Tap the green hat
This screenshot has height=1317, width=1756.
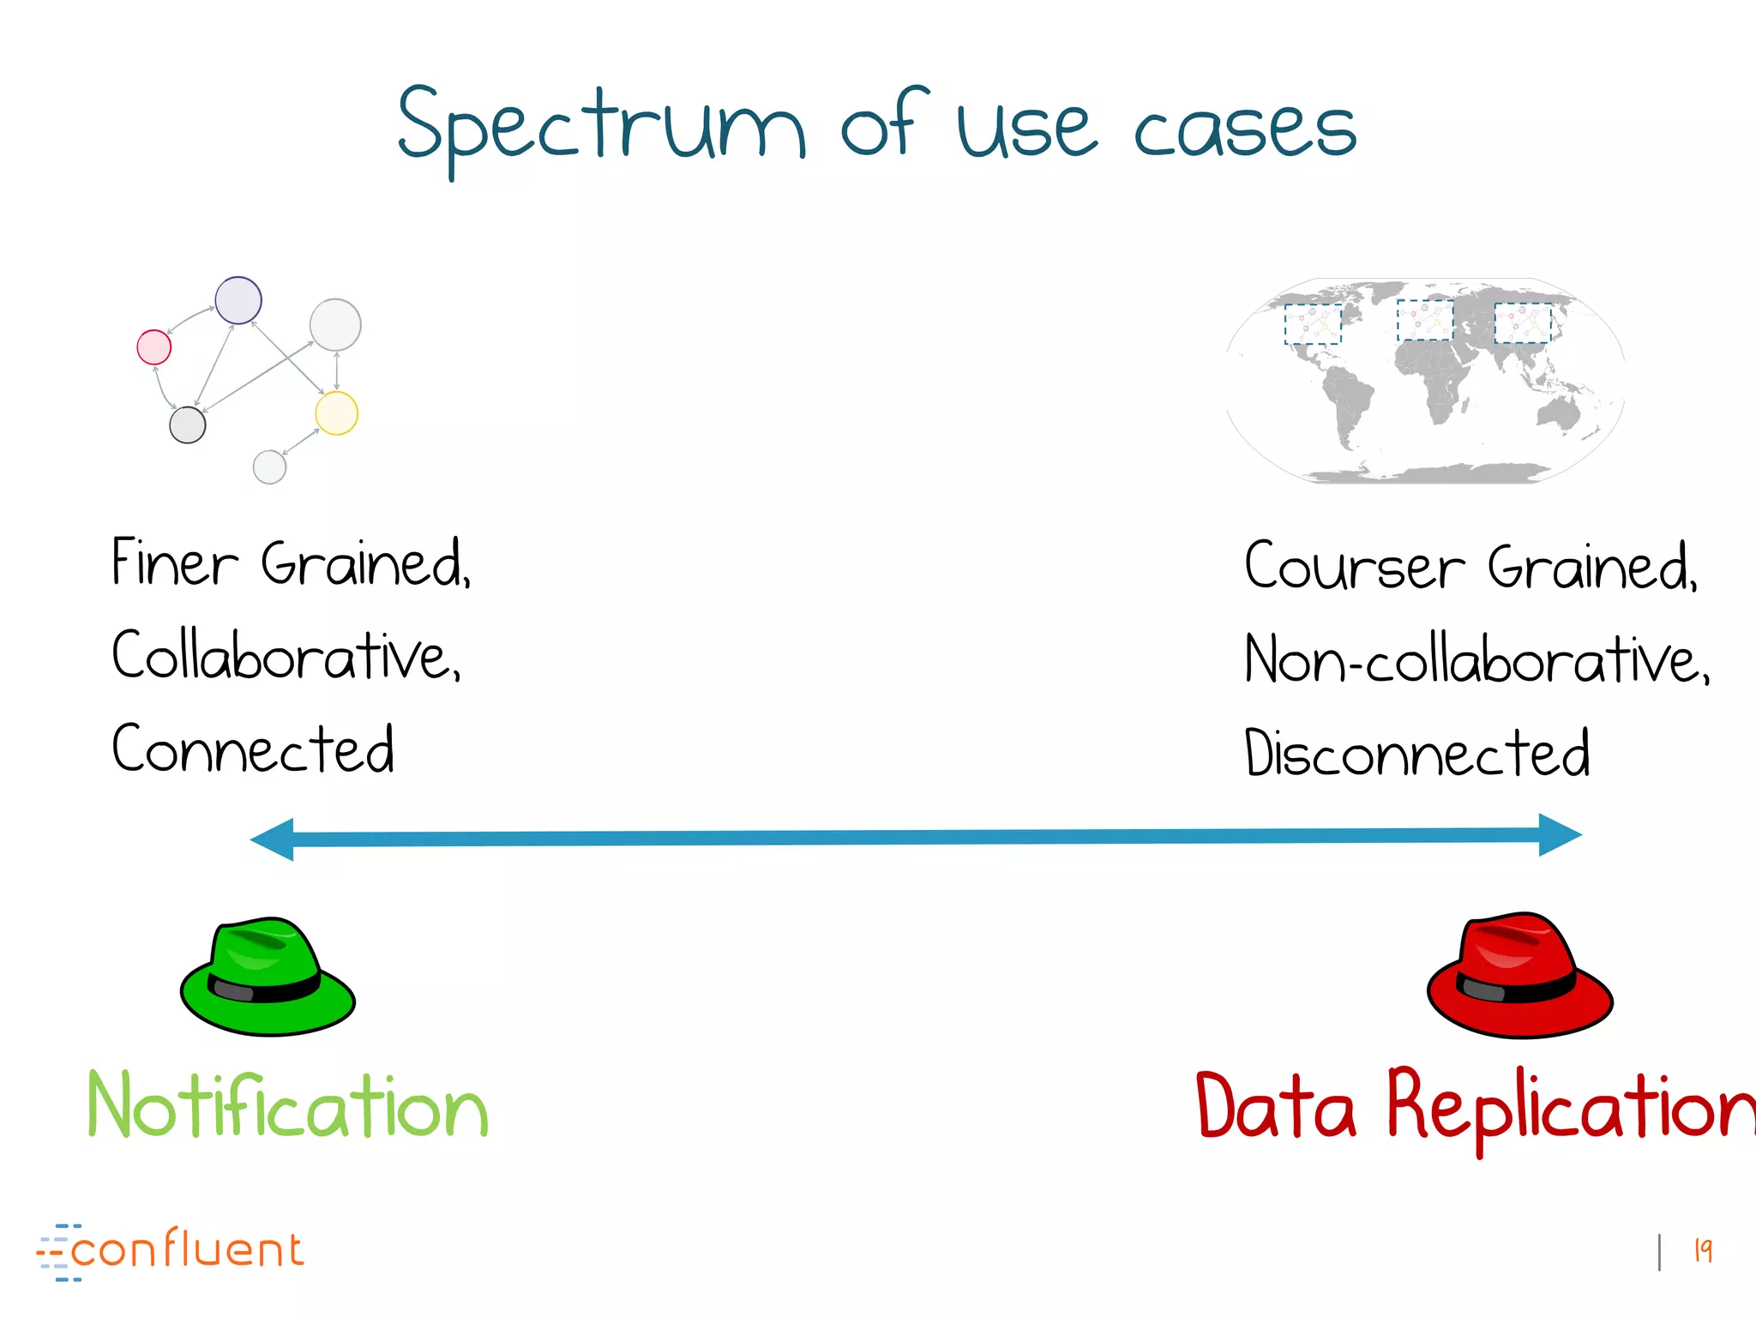coord(268,977)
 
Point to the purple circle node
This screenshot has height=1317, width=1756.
coord(238,300)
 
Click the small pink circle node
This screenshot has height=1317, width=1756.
coord(154,347)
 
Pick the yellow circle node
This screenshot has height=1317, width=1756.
coord(336,413)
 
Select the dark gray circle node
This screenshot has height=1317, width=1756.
coord(188,424)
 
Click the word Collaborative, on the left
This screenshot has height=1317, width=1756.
coord(286,657)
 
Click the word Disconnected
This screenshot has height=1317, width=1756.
coord(1416,754)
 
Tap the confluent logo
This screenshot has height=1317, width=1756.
coord(171,1252)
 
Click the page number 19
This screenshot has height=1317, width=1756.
coord(1703,1251)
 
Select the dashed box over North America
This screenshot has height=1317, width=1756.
coord(1313,324)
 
